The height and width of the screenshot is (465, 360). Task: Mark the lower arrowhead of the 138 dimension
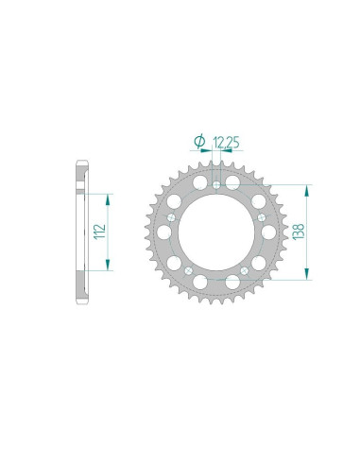[x=307, y=275]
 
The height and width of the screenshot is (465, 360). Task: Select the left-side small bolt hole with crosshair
[x=170, y=216]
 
